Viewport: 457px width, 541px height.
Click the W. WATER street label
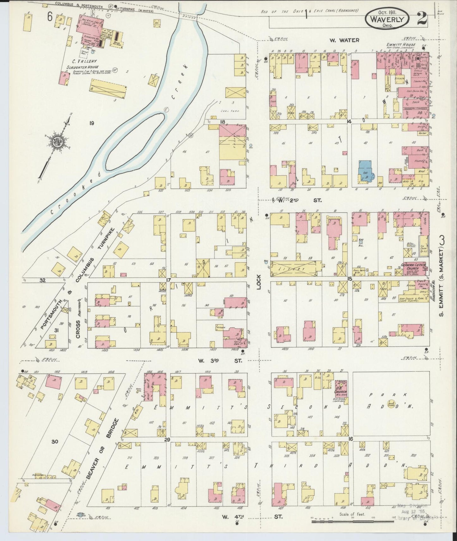(344, 40)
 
